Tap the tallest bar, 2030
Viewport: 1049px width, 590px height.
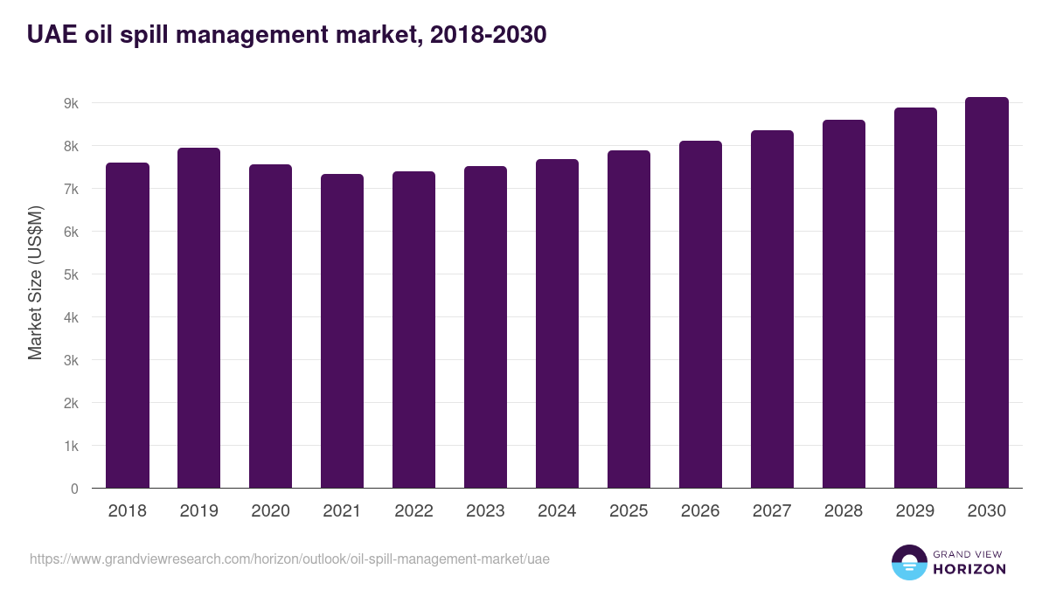[x=987, y=293]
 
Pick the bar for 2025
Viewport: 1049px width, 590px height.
[x=629, y=319]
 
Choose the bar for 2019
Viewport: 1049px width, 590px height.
[x=198, y=318]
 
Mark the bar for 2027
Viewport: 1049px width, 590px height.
[x=772, y=309]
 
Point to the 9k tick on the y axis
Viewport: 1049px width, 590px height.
[x=71, y=103]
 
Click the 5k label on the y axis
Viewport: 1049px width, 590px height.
[x=71, y=274]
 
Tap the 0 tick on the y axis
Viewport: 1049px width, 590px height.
[x=74, y=489]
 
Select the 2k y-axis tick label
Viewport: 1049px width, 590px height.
[x=71, y=403]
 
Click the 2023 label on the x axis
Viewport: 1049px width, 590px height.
[x=485, y=511]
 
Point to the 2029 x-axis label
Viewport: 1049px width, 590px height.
[x=915, y=511]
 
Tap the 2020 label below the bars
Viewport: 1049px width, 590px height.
[x=270, y=511]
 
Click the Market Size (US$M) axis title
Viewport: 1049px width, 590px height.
[x=35, y=281]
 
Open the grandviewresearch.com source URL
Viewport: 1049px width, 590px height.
[x=289, y=559]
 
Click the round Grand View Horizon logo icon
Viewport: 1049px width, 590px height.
[x=909, y=562]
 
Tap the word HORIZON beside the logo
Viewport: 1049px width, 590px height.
[x=969, y=569]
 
